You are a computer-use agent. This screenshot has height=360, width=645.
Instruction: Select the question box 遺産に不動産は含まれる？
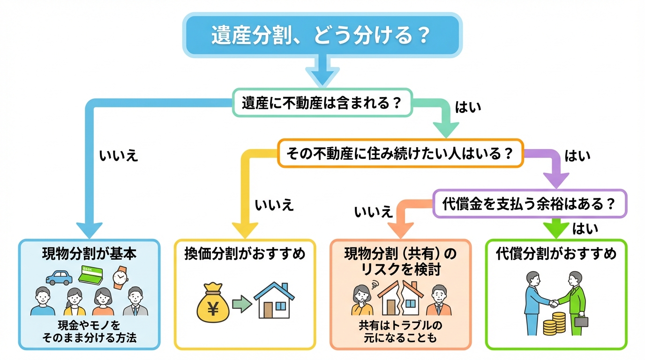click(322, 103)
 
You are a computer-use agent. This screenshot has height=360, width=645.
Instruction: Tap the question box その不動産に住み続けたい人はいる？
click(399, 153)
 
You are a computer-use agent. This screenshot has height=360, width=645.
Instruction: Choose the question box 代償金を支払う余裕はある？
click(529, 203)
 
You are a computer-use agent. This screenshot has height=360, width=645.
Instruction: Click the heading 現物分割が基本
click(89, 254)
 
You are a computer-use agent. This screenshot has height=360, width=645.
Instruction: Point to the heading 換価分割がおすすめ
click(245, 254)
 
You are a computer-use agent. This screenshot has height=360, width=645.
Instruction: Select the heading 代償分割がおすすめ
click(556, 254)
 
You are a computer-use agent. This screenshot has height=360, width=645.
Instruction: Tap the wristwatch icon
click(120, 277)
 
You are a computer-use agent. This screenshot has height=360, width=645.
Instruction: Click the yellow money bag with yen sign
click(213, 303)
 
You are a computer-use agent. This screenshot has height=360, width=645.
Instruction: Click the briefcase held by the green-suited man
click(581, 322)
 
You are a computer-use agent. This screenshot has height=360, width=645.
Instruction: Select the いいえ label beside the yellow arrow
click(274, 205)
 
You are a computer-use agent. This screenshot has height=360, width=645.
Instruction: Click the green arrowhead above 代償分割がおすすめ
click(556, 230)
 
